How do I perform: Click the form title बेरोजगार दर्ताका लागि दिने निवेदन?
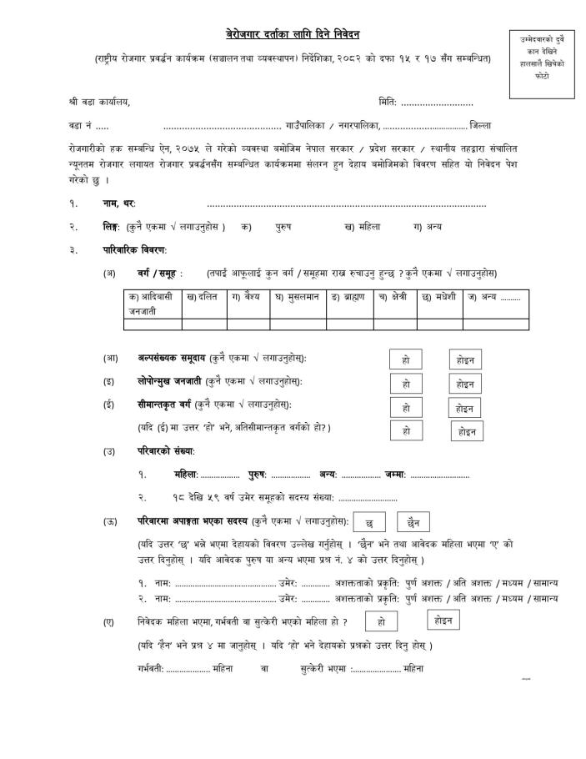293,34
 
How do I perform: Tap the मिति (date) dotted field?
437,103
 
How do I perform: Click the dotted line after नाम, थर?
346,204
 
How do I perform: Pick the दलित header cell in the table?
203,296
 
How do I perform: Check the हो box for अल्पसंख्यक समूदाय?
406,359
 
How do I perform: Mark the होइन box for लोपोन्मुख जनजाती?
465,384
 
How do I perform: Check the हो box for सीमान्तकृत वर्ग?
406,409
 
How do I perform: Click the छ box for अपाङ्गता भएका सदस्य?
369,522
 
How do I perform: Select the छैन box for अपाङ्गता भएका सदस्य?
413,522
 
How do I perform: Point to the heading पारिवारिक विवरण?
135,249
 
